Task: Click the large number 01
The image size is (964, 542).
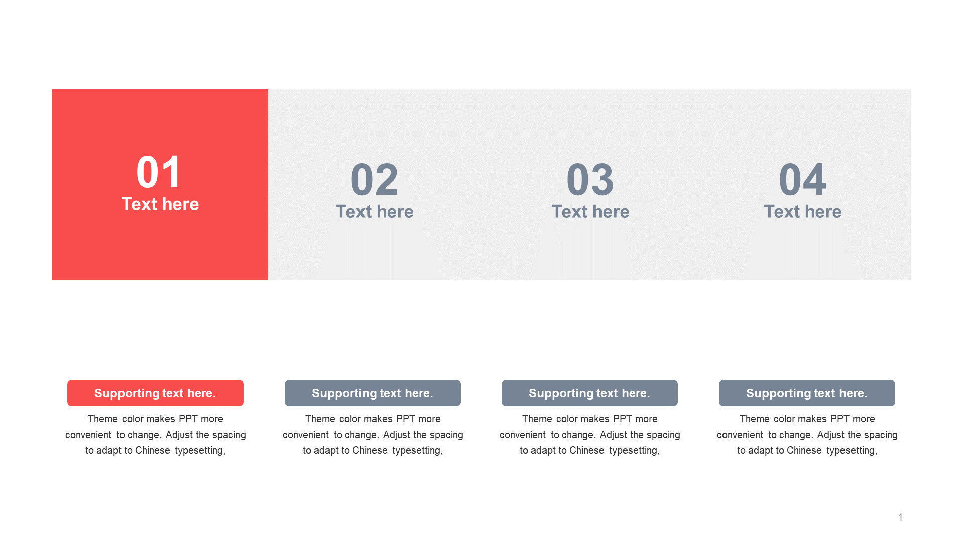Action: pyautogui.click(x=159, y=172)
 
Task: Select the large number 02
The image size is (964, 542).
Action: pyautogui.click(x=375, y=180)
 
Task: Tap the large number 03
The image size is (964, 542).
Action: pyautogui.click(x=590, y=180)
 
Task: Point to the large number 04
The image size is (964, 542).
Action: pyautogui.click(x=802, y=180)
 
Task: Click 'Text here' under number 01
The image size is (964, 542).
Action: pyautogui.click(x=160, y=204)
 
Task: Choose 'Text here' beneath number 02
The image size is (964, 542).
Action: pyautogui.click(x=375, y=212)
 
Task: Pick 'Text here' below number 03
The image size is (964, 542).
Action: pyautogui.click(x=590, y=212)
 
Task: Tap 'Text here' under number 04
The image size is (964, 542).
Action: pyautogui.click(x=803, y=212)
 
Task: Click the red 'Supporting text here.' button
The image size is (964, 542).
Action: pyautogui.click(x=155, y=393)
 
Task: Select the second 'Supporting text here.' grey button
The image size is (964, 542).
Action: pyautogui.click(x=373, y=393)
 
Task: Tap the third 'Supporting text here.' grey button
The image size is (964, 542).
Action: pyautogui.click(x=589, y=393)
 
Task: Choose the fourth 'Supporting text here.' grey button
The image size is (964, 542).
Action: pyautogui.click(x=807, y=393)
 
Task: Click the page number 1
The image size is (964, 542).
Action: pyautogui.click(x=900, y=517)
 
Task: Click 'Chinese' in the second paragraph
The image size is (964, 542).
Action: pyautogui.click(x=370, y=450)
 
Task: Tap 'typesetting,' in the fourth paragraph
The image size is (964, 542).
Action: pyautogui.click(x=852, y=451)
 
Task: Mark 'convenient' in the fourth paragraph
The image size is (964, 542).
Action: pyautogui.click(x=740, y=435)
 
